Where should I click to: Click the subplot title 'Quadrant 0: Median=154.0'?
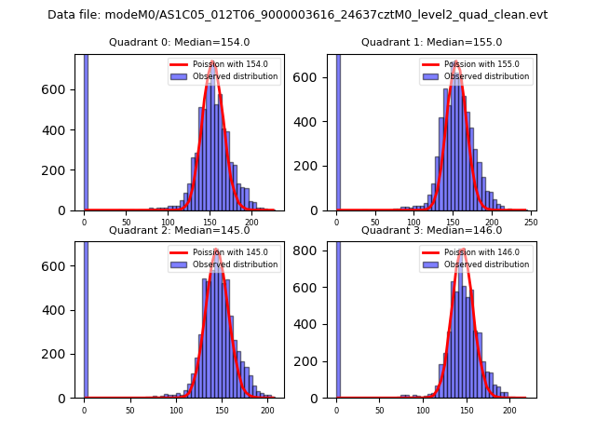point(180,42)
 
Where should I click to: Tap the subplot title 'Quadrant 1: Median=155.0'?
point(431,42)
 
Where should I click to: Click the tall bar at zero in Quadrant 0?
point(86,130)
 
